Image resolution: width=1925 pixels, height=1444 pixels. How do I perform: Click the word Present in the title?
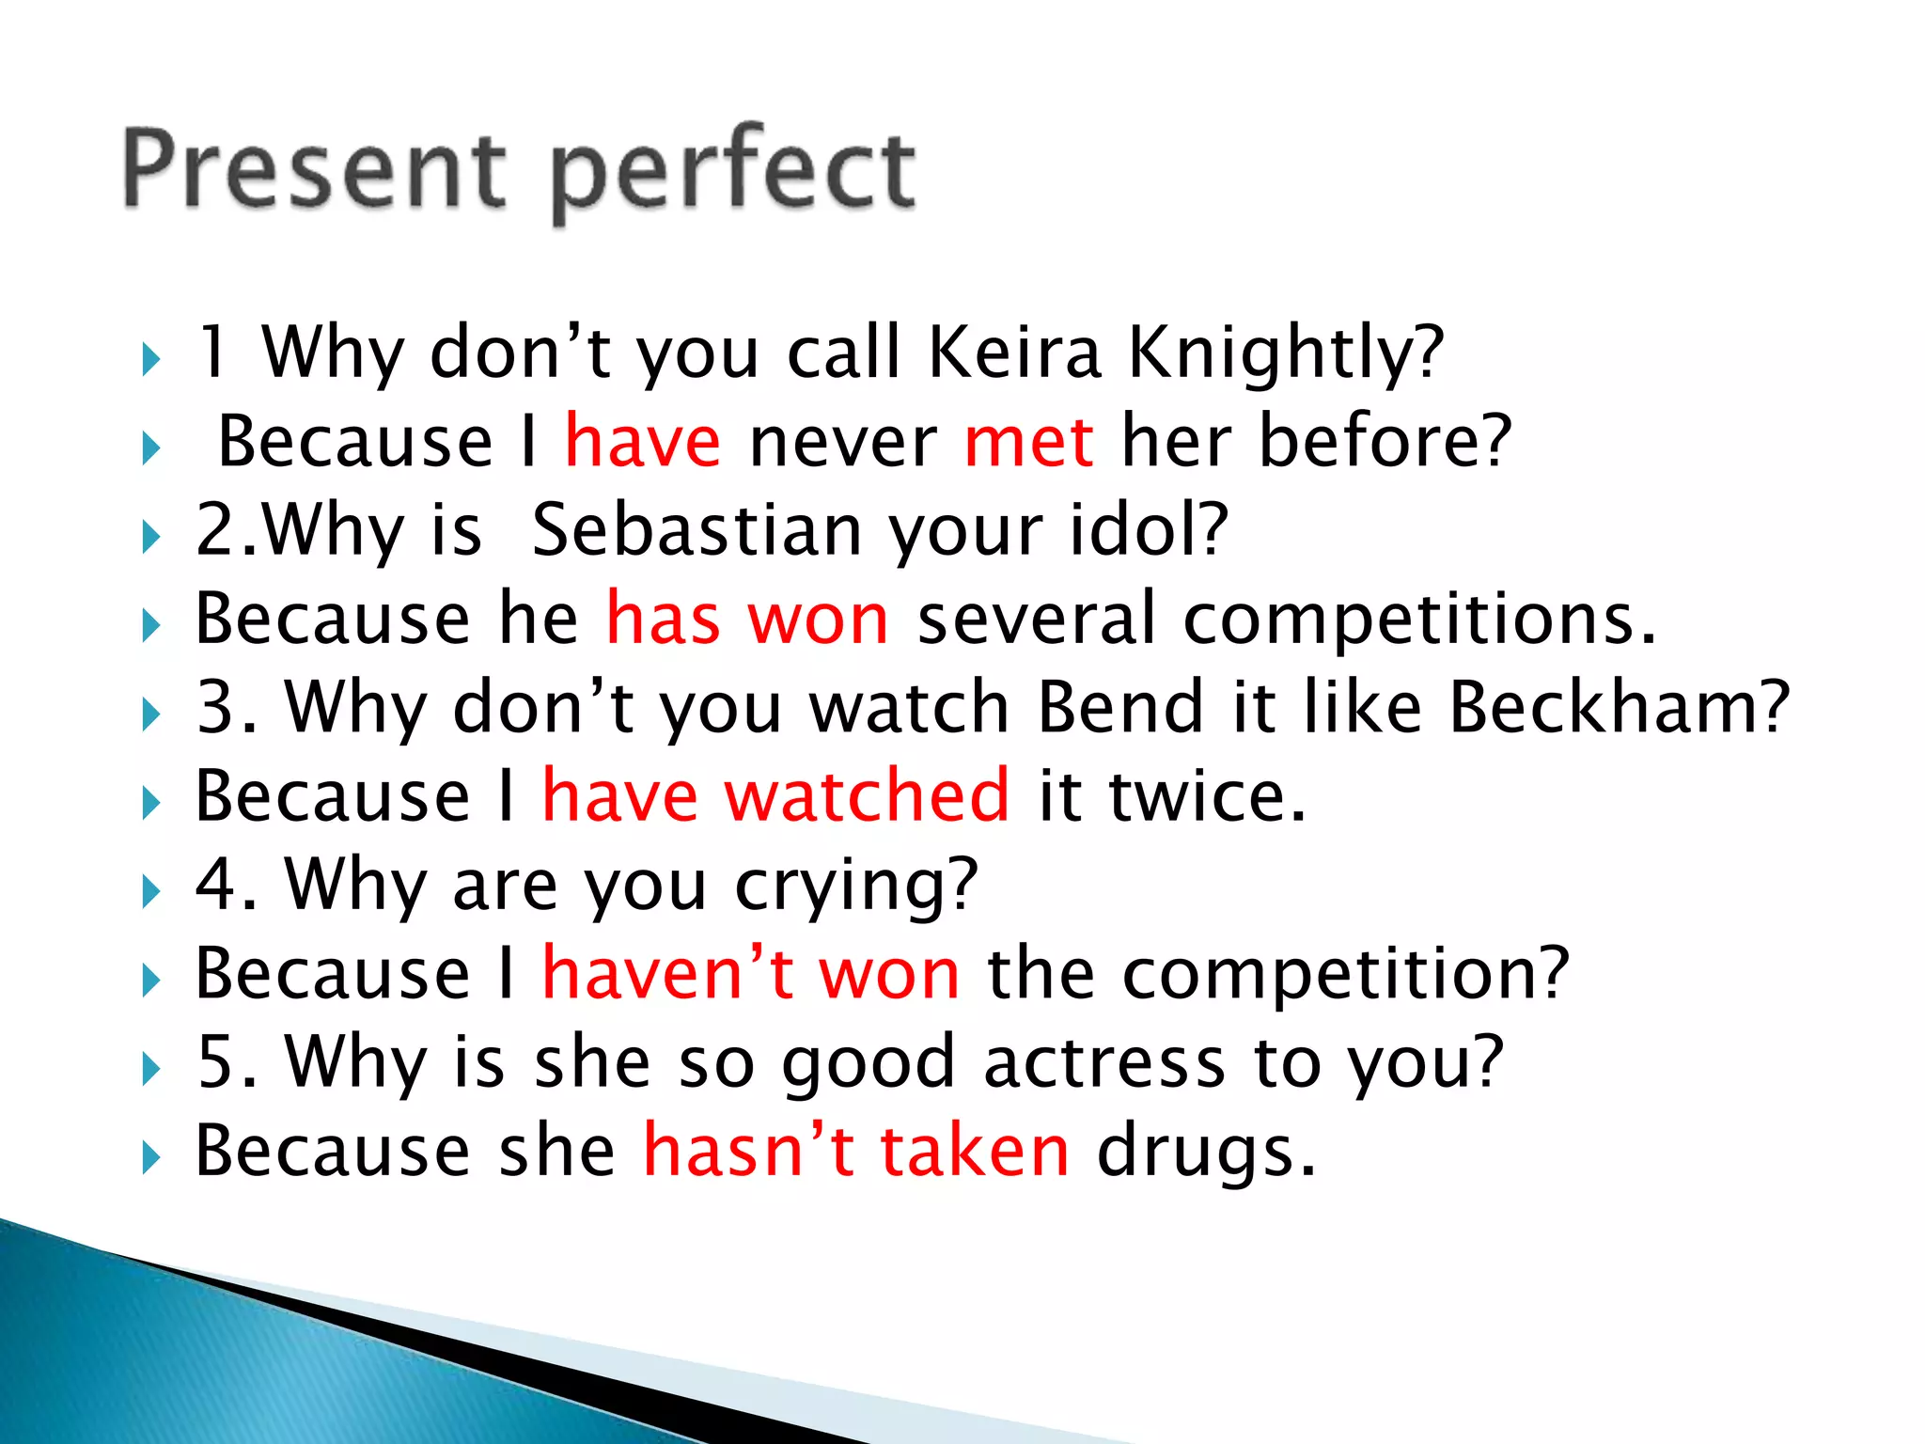tap(314, 169)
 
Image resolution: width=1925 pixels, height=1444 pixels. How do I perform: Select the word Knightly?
tap(1284, 353)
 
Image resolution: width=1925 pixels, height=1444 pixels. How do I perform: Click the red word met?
tap(1028, 441)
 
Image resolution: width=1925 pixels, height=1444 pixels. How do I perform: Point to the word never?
tap(842, 441)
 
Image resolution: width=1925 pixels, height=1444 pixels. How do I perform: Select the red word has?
tap(663, 619)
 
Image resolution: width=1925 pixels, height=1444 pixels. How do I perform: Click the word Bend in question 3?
tap(1120, 707)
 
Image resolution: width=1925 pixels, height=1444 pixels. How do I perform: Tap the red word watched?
tap(867, 795)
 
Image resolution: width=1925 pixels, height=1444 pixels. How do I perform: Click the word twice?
tap(1207, 795)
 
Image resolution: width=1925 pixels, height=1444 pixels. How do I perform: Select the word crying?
tap(855, 886)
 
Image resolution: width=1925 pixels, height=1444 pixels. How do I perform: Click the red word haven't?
tap(668, 973)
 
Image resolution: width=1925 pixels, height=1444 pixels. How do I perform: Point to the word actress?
tap(1104, 1062)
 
